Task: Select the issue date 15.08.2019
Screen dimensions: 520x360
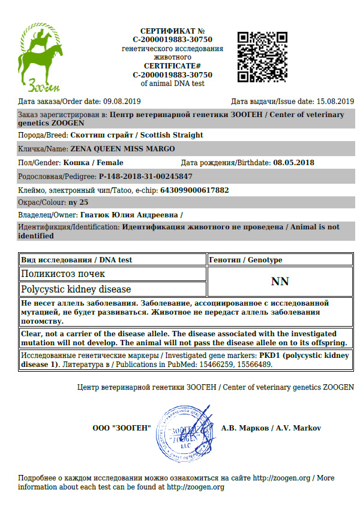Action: [x=335, y=101]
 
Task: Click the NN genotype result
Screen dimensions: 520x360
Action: [x=280, y=281]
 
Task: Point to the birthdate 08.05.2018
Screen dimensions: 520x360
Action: [x=293, y=162]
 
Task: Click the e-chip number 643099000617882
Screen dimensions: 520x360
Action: [x=194, y=190]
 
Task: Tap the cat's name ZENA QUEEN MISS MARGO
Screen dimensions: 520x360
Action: [x=122, y=148]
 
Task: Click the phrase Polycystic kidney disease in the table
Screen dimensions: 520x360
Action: [x=76, y=289]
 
